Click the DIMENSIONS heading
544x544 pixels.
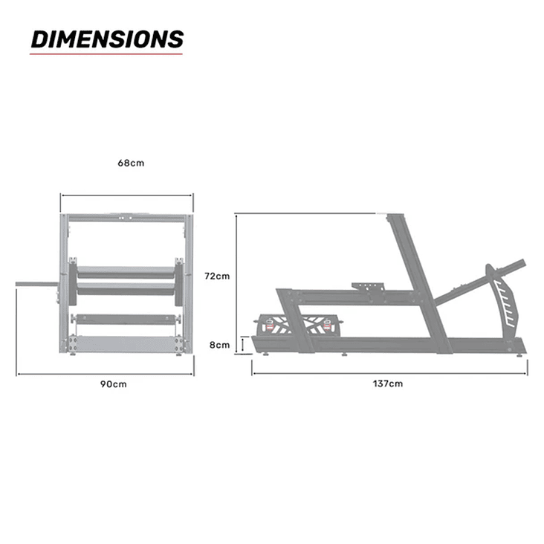106,39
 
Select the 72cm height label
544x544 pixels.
217,276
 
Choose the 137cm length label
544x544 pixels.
389,383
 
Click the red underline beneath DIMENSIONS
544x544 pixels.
106,54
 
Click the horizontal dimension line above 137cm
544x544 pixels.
389,372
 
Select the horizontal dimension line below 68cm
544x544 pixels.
127,196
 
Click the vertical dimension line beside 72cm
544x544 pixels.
236,282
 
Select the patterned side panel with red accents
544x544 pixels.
300,325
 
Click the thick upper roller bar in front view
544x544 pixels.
126,273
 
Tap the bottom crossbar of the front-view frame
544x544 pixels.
127,344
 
